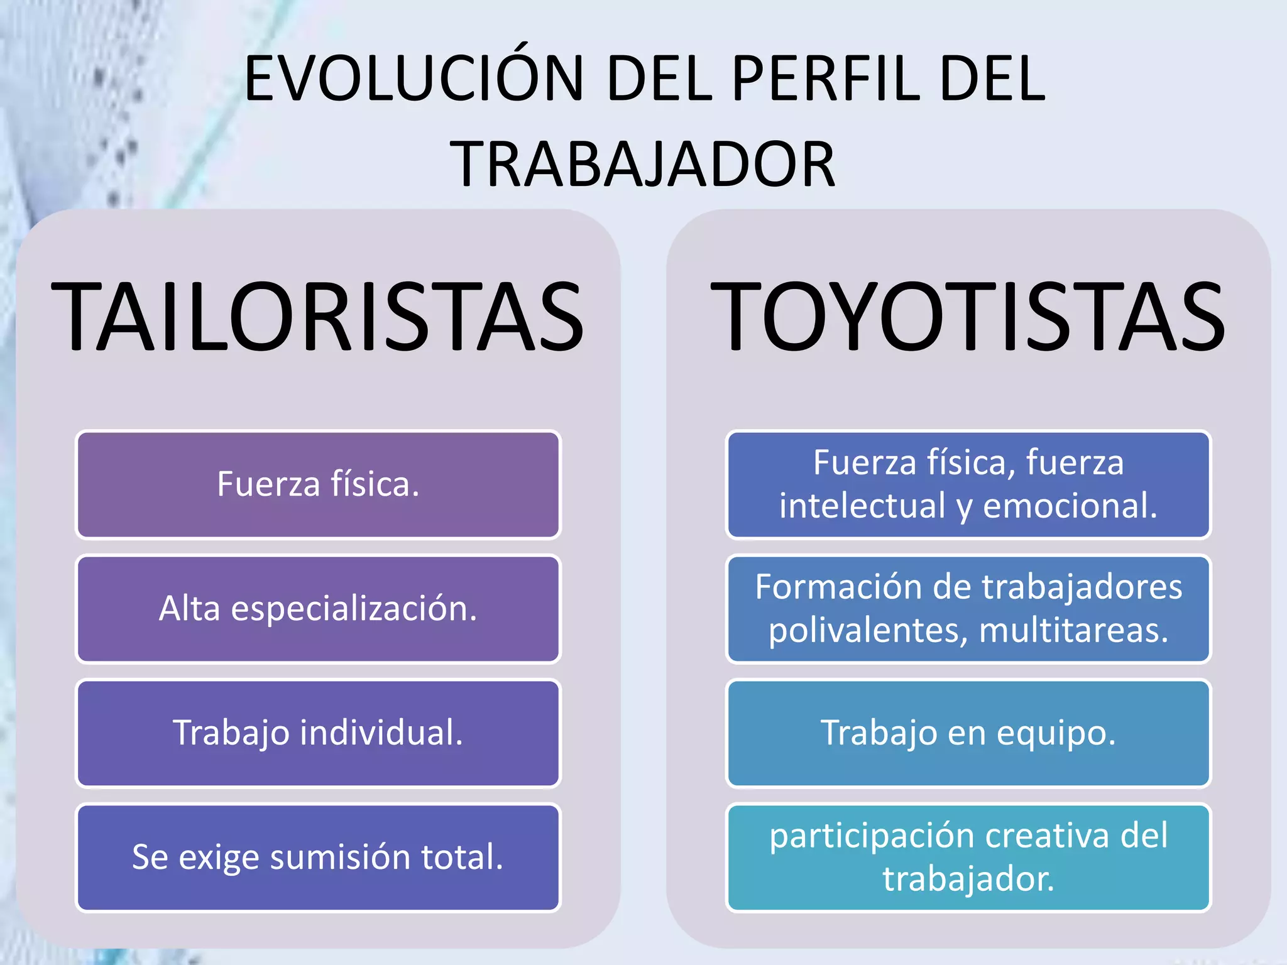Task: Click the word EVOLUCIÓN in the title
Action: (x=415, y=79)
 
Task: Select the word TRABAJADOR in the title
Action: (x=642, y=165)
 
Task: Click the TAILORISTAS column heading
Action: (x=318, y=317)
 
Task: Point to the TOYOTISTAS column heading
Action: (x=968, y=317)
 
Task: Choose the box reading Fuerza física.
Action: (x=318, y=484)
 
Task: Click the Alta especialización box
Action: (x=318, y=609)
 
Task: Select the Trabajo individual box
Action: (x=318, y=733)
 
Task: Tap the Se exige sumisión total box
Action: (x=318, y=858)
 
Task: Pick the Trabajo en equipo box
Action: (x=968, y=733)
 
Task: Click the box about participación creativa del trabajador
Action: (x=968, y=858)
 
